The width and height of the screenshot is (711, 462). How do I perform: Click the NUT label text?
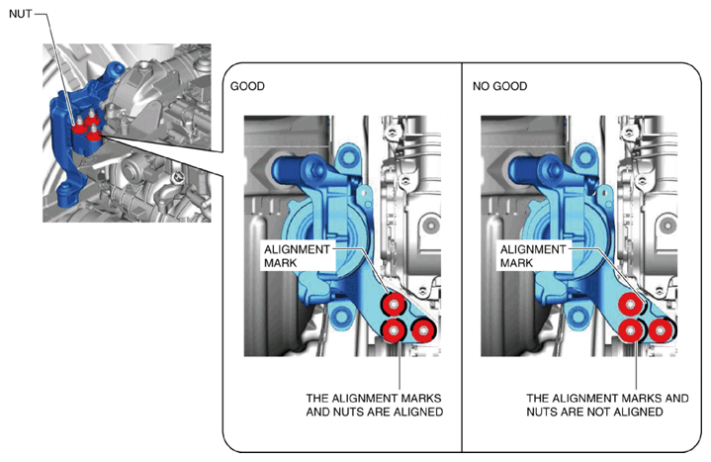coord(21,14)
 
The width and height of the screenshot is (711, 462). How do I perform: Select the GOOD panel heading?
coord(247,86)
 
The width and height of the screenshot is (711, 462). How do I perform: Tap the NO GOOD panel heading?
coord(499,86)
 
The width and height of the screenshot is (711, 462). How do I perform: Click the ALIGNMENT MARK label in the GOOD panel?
coord(297,256)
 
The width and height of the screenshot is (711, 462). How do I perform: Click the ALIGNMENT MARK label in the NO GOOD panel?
coord(533,256)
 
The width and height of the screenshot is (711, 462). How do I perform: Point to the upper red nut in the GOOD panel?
coord(394,304)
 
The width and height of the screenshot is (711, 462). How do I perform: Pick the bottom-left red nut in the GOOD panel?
coord(394,330)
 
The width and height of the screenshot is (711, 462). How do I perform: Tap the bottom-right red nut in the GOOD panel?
coord(422,330)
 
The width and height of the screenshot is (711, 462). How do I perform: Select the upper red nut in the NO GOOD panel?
coord(630,304)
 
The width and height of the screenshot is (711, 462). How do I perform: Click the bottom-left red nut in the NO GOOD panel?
coord(630,330)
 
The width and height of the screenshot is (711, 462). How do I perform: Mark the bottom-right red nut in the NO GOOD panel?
coord(661,330)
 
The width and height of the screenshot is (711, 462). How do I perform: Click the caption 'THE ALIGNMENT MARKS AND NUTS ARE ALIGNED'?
coord(374,405)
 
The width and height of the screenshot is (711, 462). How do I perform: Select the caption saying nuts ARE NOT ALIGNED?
coord(607,405)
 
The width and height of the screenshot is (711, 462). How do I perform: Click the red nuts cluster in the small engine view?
coord(87,128)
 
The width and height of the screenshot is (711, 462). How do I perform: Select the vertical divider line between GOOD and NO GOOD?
coord(462,257)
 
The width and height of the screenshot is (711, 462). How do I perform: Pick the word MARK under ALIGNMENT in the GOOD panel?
coord(281,263)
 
